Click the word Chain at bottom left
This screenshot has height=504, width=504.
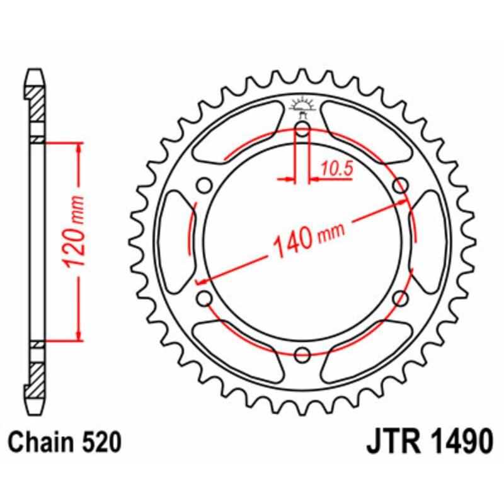click(42, 443)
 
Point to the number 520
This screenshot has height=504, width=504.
click(101, 443)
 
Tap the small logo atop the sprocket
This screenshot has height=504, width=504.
click(302, 107)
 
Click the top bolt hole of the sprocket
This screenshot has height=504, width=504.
click(302, 131)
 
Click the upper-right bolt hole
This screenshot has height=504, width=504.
click(401, 185)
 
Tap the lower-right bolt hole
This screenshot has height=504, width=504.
click(401, 298)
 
